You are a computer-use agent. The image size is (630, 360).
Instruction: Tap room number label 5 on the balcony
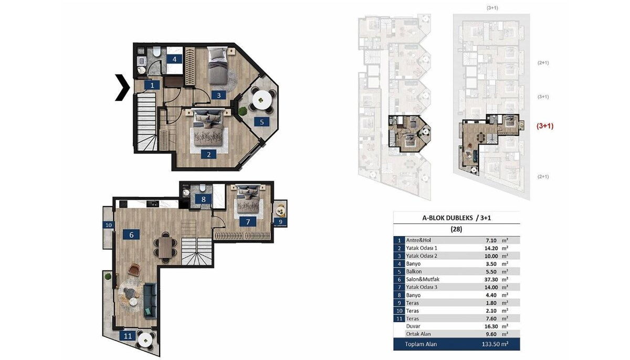point(261,122)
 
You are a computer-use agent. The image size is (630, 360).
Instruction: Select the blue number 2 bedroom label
point(209,154)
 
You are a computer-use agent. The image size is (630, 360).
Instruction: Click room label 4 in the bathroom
point(174,59)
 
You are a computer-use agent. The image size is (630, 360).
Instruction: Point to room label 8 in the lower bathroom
point(203,199)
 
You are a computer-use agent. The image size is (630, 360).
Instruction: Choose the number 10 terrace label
point(109,225)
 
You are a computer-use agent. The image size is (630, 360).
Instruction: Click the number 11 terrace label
point(128,336)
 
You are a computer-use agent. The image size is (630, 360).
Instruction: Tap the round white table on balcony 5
point(262,100)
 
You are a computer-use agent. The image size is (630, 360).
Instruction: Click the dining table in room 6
point(166,247)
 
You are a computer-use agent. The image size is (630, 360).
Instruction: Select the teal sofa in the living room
point(150,301)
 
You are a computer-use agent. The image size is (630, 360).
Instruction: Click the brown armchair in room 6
point(133,270)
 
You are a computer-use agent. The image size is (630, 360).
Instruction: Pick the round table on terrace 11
point(145,341)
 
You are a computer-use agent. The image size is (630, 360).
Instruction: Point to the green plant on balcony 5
point(242,111)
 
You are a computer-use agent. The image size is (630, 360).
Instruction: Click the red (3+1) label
point(545,126)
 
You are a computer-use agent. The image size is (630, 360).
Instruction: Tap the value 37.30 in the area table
point(491,280)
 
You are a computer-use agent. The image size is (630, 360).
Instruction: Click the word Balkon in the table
point(414,272)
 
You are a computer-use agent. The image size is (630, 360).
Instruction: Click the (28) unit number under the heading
point(456,229)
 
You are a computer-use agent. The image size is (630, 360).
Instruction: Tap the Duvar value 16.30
point(491,326)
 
